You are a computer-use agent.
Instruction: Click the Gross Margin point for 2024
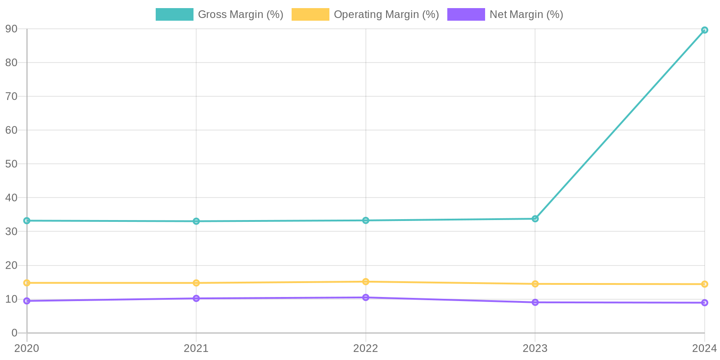click(704, 30)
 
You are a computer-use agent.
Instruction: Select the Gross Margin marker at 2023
click(535, 219)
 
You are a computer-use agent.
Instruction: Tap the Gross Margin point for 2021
click(196, 221)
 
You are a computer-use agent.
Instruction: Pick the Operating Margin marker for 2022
click(365, 282)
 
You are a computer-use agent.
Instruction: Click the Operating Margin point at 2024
click(704, 284)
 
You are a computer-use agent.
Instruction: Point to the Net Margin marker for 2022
click(365, 297)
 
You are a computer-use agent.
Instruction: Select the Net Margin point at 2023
click(535, 302)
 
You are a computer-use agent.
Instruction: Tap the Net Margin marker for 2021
click(196, 298)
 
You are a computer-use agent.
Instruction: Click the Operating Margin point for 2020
click(27, 283)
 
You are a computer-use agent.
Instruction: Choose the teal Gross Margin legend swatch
click(174, 14)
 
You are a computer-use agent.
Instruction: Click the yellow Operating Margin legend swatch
click(310, 14)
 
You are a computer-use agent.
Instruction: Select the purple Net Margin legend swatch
click(466, 14)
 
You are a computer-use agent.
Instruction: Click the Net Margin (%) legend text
click(526, 14)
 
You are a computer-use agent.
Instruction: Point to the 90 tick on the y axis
click(11, 29)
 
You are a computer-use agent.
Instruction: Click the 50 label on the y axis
click(11, 164)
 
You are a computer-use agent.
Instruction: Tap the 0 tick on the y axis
click(14, 333)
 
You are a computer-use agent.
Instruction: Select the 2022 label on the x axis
click(365, 348)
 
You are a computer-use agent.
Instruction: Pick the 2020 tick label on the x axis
click(27, 348)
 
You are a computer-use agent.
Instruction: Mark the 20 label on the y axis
click(11, 265)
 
